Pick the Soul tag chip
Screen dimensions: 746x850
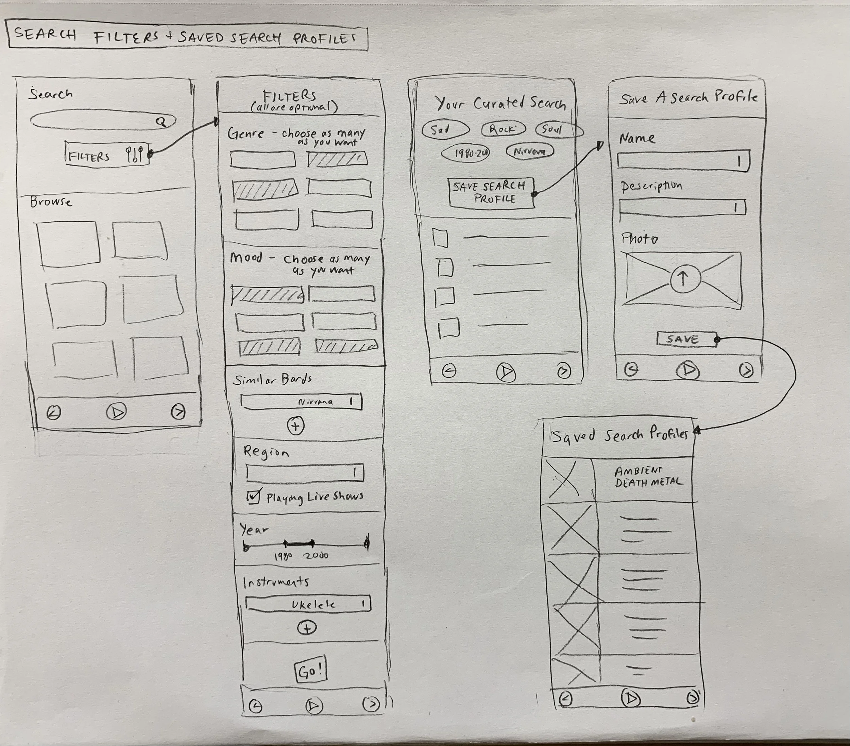[559, 130]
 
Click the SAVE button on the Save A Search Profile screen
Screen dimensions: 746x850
[686, 339]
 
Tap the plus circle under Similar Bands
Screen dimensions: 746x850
[296, 426]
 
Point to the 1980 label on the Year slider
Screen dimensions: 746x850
[284, 556]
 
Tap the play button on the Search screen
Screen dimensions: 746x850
[116, 412]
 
